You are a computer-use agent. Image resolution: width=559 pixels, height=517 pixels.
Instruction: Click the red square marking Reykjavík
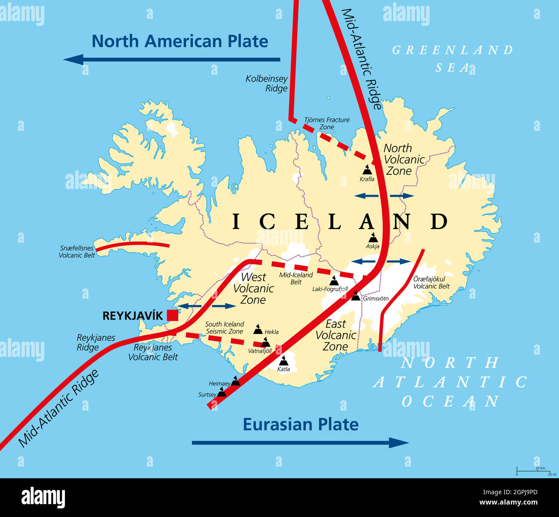click(172, 315)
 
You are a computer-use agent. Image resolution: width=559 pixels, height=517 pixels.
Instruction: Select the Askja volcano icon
click(373, 238)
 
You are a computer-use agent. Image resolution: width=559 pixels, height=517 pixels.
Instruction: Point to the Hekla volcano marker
click(258, 329)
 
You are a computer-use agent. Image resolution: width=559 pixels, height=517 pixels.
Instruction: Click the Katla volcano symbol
click(283, 361)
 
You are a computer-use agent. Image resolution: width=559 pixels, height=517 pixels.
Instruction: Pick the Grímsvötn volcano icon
click(356, 296)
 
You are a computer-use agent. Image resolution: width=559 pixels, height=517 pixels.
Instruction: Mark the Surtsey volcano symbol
click(221, 392)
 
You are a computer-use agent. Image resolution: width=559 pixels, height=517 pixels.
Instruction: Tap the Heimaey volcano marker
click(236, 381)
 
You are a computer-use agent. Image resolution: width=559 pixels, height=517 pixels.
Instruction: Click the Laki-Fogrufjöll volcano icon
click(334, 281)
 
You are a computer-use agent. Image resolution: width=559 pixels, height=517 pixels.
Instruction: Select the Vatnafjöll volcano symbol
click(266, 343)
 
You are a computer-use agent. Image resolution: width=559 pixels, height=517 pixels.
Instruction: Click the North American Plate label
click(180, 41)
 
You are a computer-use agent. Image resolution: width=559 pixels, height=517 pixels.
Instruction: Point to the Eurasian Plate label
click(301, 424)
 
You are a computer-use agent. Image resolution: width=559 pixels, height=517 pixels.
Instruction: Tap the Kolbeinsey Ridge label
click(267, 84)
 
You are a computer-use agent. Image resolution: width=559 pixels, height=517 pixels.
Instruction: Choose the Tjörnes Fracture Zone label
click(327, 123)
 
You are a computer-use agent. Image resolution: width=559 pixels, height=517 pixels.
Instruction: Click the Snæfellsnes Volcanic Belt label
click(77, 252)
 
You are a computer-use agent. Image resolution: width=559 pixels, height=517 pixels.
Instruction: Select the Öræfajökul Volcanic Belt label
click(431, 282)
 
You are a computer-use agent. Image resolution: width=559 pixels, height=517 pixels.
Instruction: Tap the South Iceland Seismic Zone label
click(224, 328)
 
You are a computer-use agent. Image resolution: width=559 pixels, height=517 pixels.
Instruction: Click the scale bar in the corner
click(534, 470)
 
